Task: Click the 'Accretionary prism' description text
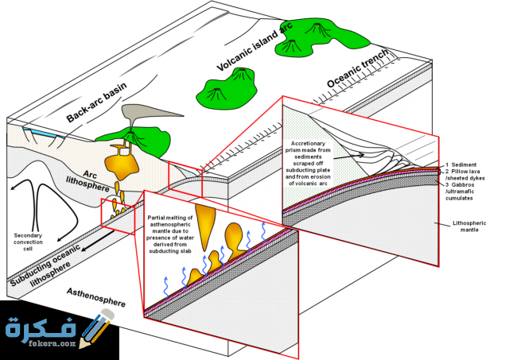pyautogui.click(x=306, y=164)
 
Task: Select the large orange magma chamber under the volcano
pyautogui.click(x=122, y=163)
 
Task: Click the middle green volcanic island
pyautogui.click(x=231, y=87)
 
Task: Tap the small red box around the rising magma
pyautogui.click(x=117, y=215)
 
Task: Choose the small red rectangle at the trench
pyautogui.click(x=185, y=178)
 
